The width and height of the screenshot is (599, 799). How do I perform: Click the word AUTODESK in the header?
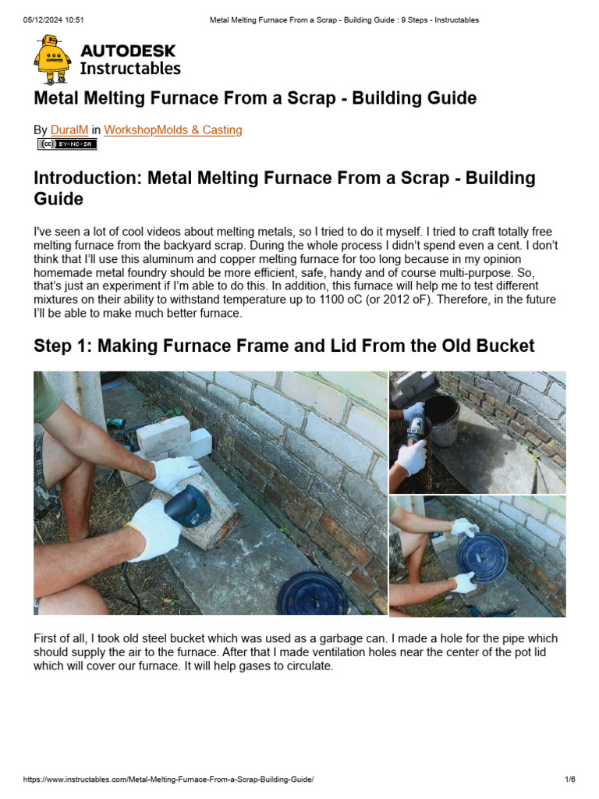[x=128, y=51]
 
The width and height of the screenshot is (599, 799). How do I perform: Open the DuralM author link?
[x=69, y=130]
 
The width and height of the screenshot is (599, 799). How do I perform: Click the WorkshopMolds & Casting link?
[x=172, y=130]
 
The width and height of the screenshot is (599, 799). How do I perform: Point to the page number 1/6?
[x=569, y=779]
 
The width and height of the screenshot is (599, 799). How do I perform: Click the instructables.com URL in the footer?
[x=168, y=779]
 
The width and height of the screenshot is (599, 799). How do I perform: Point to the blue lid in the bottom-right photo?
[x=481, y=553]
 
